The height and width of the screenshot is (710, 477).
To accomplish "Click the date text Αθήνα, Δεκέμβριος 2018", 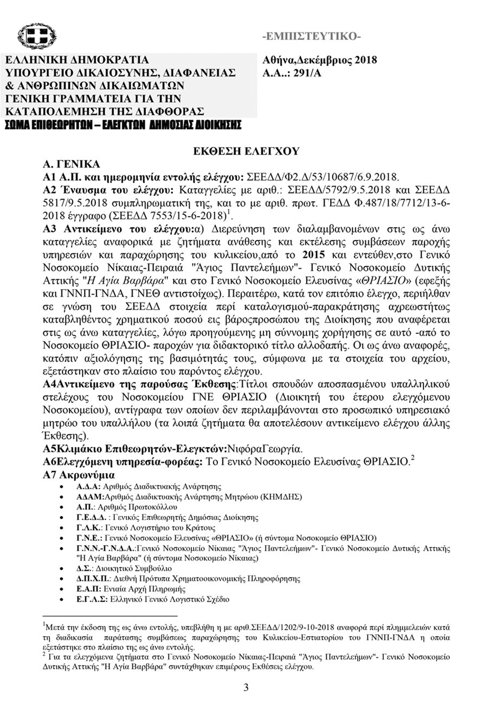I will point(319,60).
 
